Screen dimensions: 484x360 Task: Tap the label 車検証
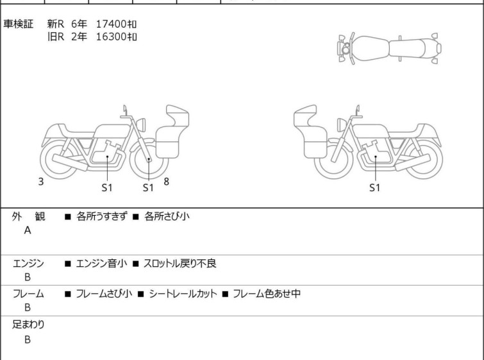(18, 24)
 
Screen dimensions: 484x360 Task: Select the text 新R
(56, 24)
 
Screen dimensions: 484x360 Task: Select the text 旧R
(56, 37)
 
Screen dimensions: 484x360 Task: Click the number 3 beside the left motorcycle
(41, 182)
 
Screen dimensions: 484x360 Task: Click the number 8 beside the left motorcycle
(167, 182)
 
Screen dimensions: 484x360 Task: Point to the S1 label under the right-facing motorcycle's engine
(107, 187)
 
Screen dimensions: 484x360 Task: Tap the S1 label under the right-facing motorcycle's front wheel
(148, 187)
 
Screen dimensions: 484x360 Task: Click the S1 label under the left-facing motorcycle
(375, 187)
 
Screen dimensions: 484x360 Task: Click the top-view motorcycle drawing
(389, 48)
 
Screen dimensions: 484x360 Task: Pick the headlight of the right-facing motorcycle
(141, 124)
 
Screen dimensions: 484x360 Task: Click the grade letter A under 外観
(28, 230)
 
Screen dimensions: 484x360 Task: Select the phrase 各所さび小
(167, 216)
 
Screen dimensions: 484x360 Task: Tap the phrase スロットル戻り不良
(179, 264)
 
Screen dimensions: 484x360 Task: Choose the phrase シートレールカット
(183, 293)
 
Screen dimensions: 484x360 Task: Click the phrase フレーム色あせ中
(267, 293)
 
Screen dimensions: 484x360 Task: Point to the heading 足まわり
(28, 325)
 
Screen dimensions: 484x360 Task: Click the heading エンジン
(28, 264)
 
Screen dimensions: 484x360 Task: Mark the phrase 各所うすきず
(101, 216)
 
